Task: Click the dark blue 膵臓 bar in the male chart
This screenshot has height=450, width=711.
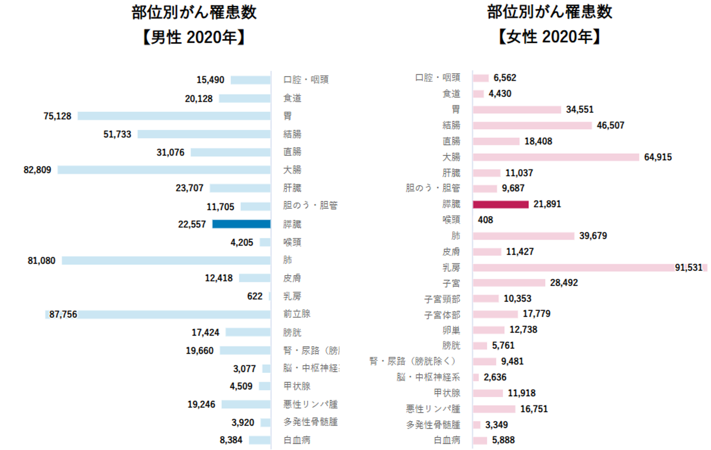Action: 241,224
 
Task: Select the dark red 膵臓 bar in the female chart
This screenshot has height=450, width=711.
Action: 500,204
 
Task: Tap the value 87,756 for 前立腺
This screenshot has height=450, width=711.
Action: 63,314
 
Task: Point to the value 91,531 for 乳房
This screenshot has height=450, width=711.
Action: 688,267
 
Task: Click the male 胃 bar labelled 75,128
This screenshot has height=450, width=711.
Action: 174,116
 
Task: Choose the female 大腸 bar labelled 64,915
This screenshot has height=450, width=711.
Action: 556,157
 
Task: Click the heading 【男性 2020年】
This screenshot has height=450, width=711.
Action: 194,37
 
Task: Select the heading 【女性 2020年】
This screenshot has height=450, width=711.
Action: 549,37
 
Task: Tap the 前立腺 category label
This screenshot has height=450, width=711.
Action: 296,314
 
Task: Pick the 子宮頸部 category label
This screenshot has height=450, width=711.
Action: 442,299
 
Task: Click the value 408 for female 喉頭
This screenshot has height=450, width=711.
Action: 485,220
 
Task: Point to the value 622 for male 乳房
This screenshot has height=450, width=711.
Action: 255,296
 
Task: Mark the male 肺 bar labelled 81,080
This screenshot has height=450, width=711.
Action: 166,261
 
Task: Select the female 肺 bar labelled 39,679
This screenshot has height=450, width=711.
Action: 524,236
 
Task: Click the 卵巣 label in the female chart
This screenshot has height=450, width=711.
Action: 451,330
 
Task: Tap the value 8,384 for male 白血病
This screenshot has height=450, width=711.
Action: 231,440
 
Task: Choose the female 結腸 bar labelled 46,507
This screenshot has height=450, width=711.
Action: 532,125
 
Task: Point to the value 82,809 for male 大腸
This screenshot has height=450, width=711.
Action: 37,170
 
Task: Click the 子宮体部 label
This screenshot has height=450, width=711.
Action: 442,315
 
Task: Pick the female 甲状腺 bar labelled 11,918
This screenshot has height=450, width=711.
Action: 488,393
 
